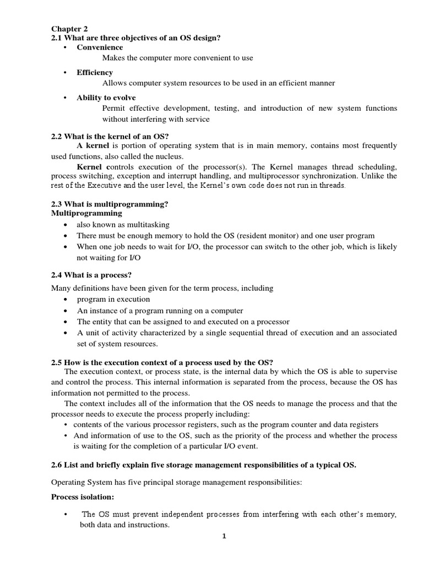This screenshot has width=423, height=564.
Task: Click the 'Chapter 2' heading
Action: click(x=69, y=29)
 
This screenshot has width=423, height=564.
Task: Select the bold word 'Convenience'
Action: click(x=100, y=48)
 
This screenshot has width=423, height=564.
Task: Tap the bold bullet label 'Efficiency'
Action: click(x=95, y=72)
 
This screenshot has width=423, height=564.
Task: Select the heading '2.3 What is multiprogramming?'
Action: click(x=110, y=204)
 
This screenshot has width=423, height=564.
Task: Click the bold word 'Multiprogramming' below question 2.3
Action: click(x=87, y=213)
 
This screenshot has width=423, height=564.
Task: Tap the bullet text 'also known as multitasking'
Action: click(x=123, y=225)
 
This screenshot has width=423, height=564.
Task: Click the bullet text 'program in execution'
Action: click(x=113, y=299)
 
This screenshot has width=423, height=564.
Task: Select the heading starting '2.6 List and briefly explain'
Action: click(x=204, y=465)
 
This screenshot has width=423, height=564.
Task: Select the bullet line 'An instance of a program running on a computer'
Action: click(x=160, y=311)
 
